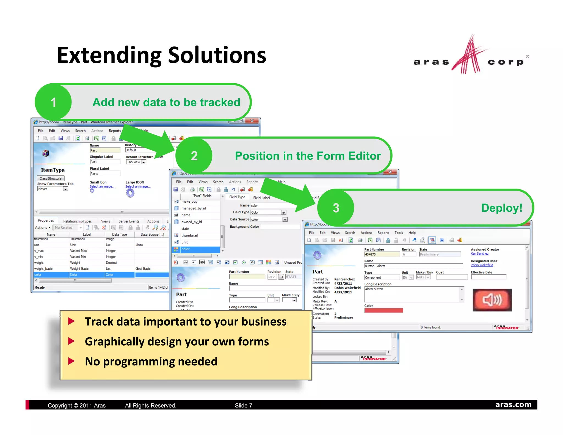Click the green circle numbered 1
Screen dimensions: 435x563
tap(53, 102)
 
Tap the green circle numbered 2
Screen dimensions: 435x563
tap(194, 156)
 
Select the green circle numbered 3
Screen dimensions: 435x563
tap(336, 208)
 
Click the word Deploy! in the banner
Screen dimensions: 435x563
tap(501, 208)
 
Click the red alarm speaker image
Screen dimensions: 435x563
tap(492, 300)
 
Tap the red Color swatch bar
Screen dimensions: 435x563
tap(383, 310)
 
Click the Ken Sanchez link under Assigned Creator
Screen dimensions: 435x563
tap(479, 254)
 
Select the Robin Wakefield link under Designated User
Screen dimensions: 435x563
tap(482, 265)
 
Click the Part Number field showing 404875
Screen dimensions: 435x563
tap(382, 254)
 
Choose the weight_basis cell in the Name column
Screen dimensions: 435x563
tap(43, 269)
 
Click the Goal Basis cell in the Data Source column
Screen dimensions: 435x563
tap(143, 269)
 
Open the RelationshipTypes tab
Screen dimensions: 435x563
tap(77, 221)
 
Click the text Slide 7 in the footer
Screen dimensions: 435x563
tap(243, 405)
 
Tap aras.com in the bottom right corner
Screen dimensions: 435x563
tap(513, 404)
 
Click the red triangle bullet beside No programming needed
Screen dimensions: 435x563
tap(71, 361)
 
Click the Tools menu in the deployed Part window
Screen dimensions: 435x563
tap(399, 233)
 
